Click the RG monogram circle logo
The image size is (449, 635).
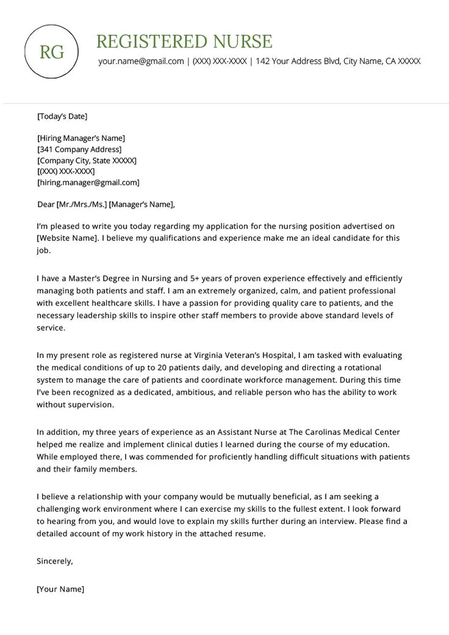pos(52,52)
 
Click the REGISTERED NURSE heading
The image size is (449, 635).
pos(184,41)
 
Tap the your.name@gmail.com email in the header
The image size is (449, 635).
pos(141,61)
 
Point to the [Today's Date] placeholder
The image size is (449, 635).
pos(62,116)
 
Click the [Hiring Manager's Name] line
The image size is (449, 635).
pos(81,138)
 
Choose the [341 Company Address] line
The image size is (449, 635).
pos(79,149)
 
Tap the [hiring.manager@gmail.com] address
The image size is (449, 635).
pos(88,182)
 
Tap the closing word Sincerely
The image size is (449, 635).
pos(55,561)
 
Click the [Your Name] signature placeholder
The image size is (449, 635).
pos(60,589)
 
